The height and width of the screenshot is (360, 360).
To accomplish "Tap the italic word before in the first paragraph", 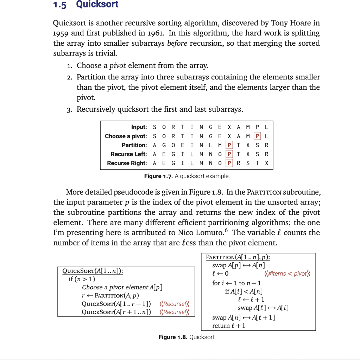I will pos(178,44).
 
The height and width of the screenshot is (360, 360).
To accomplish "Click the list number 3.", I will pos(69,109).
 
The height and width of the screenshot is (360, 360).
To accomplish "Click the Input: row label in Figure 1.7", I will pos(139,127).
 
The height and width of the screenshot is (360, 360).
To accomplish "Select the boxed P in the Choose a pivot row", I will pos(258,136).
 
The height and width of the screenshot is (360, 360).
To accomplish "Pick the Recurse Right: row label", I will pos(127,163).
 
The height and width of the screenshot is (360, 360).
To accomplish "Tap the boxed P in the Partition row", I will pos(229,145).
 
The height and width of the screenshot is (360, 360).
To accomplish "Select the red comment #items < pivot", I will pos(287,274).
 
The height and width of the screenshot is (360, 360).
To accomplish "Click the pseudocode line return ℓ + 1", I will pos(229,326).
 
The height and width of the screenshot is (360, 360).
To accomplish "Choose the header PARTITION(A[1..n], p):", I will pos(238,257).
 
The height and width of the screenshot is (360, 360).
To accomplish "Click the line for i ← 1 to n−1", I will pos(236,283).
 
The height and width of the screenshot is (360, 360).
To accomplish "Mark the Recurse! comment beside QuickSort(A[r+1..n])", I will pos(175,312).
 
